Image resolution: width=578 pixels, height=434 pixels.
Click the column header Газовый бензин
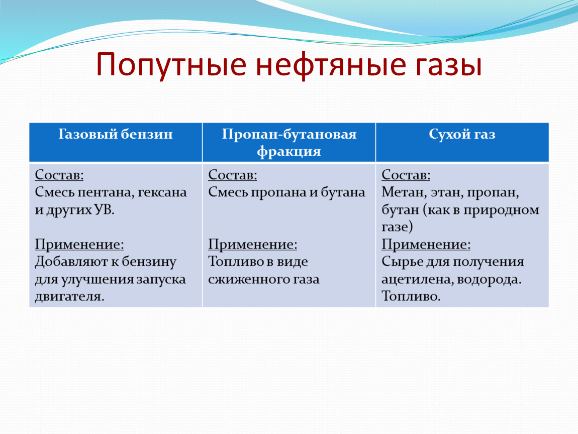click(116, 134)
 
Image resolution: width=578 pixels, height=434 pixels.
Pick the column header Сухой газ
click(462, 134)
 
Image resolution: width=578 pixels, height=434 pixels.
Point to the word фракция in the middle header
click(288, 151)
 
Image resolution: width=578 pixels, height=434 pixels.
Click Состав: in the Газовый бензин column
click(59, 175)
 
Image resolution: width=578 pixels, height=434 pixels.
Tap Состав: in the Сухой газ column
click(406, 175)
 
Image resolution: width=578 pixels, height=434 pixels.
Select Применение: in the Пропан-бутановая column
click(252, 244)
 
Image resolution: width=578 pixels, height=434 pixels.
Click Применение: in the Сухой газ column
click(426, 244)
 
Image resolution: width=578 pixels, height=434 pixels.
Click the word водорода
click(489, 280)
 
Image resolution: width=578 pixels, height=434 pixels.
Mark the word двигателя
click(70, 296)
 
